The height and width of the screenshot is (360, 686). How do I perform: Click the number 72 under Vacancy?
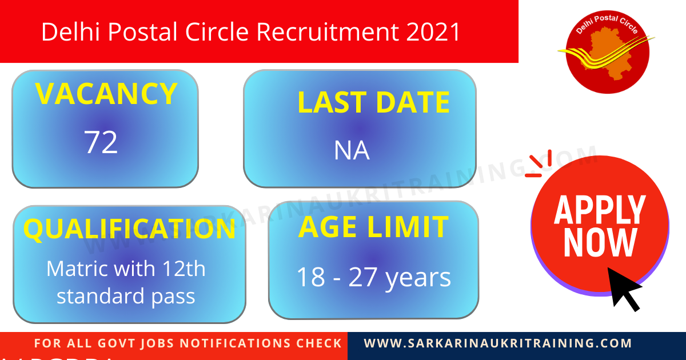coord(101,142)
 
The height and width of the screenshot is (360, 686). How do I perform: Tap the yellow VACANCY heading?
coord(106,94)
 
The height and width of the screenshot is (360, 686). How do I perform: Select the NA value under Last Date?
coord(352,151)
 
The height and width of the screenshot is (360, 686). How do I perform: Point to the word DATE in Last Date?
coord(412,103)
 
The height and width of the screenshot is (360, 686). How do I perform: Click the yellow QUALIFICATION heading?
coord(129,229)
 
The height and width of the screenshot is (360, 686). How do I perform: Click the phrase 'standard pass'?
coord(126,297)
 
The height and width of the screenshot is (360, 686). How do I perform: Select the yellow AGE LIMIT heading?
coord(373,227)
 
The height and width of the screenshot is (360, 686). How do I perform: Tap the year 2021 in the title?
coord(433,33)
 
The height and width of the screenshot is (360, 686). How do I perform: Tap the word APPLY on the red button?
coord(600,210)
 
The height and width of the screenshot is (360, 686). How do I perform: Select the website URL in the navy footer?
coord(498,343)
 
